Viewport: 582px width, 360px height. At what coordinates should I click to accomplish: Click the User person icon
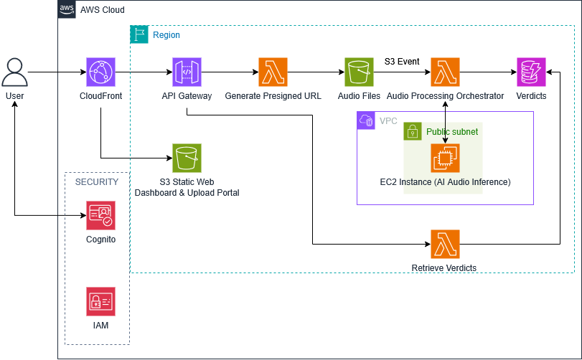coord(14,72)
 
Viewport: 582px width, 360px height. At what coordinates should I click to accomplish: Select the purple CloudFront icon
coord(100,72)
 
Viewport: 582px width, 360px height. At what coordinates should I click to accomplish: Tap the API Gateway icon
coord(187,72)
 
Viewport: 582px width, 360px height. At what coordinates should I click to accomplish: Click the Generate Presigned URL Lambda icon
coord(273,72)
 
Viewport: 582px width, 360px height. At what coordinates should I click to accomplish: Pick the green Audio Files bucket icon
coord(359,72)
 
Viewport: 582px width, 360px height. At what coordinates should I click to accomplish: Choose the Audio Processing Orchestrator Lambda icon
coord(445,72)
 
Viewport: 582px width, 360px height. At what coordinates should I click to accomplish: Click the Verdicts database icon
coord(531,72)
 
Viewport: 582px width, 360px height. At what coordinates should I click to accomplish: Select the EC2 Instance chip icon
coord(445,158)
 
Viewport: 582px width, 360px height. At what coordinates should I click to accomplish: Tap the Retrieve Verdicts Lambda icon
coord(445,244)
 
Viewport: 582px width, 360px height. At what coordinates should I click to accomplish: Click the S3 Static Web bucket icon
coord(187,158)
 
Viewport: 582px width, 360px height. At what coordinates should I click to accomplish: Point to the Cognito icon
coord(100,215)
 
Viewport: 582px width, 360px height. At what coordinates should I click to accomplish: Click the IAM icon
coord(100,301)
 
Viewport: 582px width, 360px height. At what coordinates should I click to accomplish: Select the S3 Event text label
coord(402,62)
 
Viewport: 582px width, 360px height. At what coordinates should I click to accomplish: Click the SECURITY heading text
coord(97,182)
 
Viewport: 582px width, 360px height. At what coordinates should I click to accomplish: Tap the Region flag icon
coord(139,34)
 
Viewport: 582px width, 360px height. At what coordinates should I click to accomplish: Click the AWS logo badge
coord(67,10)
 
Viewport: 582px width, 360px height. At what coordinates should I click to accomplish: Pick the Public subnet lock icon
coord(413,131)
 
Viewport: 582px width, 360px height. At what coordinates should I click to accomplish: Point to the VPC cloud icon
coord(366,120)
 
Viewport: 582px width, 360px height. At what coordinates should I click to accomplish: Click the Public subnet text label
coord(452,132)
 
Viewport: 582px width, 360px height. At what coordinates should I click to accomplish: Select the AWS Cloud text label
coord(103,10)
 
